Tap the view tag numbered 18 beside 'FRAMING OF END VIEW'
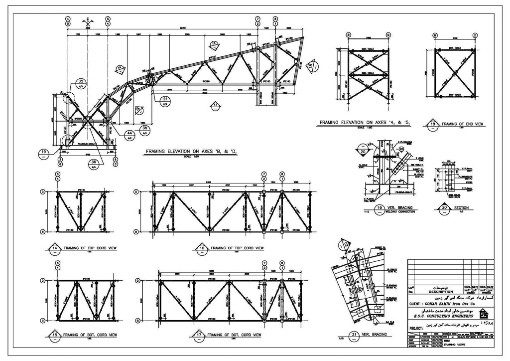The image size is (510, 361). coord(433,124)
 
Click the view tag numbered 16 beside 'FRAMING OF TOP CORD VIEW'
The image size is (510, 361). coord(202,248)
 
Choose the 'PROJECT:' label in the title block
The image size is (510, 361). coord(417,329)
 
